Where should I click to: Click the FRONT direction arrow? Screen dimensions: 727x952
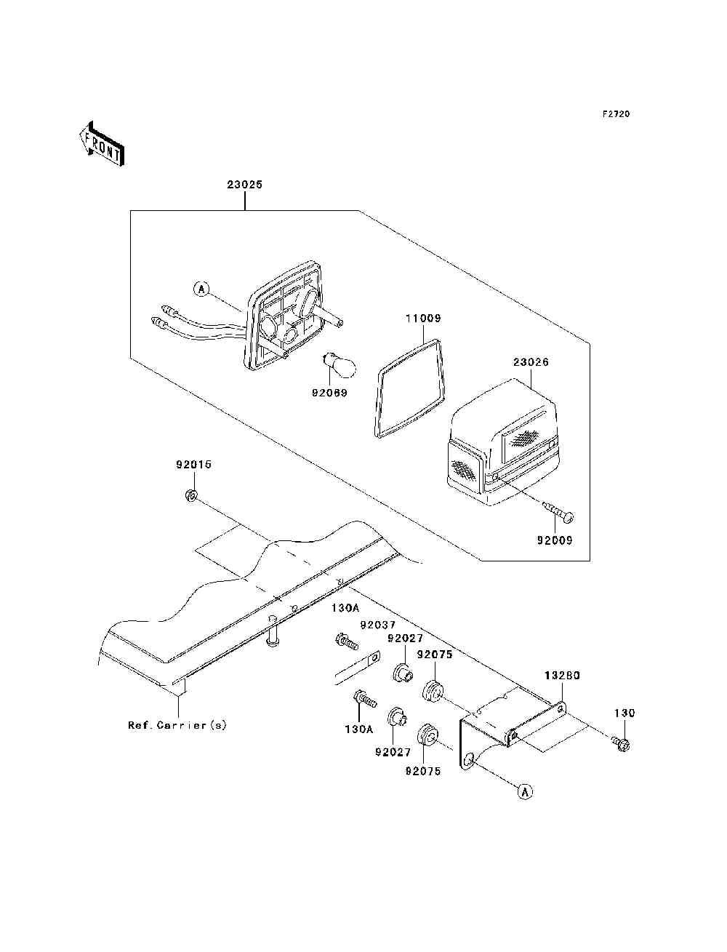[x=102, y=143]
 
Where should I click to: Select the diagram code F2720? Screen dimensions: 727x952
[x=616, y=114]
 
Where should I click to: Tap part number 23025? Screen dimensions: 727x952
[x=244, y=184]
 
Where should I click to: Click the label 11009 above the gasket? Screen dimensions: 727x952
[x=423, y=319]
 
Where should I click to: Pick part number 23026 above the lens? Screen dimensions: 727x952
[x=531, y=361]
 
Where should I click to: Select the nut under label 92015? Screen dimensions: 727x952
[x=190, y=495]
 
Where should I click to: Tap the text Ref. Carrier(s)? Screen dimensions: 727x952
[x=177, y=725]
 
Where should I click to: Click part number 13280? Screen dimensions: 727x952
[x=562, y=676]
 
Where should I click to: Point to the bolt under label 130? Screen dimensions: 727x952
[x=621, y=744]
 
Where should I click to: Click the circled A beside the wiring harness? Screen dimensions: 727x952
[x=201, y=289]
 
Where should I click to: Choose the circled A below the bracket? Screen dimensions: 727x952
[x=525, y=792]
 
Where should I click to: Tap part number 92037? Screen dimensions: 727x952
[x=378, y=625]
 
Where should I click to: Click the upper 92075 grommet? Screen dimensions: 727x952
[x=433, y=691]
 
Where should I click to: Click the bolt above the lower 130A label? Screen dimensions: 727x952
[x=365, y=699]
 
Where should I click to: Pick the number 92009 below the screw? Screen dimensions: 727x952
[x=555, y=540]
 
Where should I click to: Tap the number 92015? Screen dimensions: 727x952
[x=194, y=465]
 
